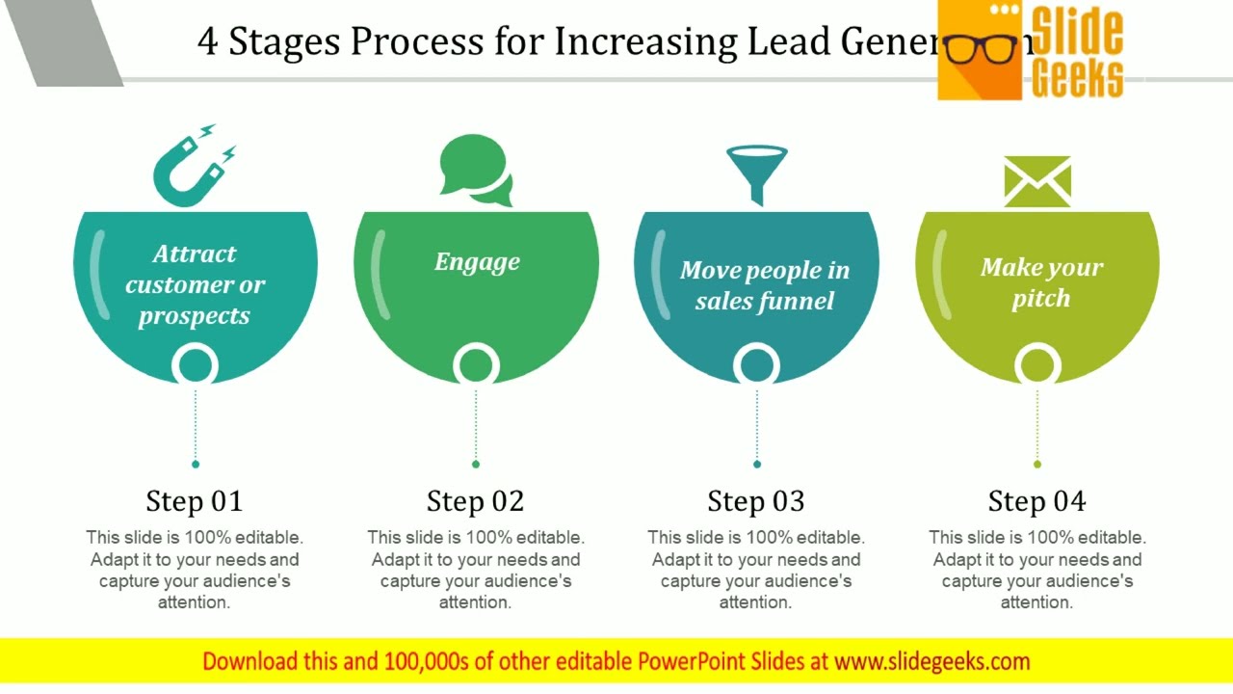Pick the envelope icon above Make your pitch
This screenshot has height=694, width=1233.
[x=1037, y=181]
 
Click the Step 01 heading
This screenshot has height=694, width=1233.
[x=195, y=501]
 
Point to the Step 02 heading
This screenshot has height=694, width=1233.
[x=476, y=501]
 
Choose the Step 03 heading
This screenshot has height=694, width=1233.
[x=756, y=501]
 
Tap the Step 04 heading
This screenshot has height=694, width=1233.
[x=1037, y=501]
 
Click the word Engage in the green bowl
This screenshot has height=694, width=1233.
[x=477, y=262]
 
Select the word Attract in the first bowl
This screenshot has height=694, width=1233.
[x=195, y=254]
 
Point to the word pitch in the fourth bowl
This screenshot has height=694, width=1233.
[x=1041, y=299]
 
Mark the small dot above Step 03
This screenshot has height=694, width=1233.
[x=757, y=464]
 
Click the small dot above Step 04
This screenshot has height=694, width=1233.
[x=1037, y=464]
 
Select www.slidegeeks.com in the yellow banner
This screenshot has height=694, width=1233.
[x=932, y=661]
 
